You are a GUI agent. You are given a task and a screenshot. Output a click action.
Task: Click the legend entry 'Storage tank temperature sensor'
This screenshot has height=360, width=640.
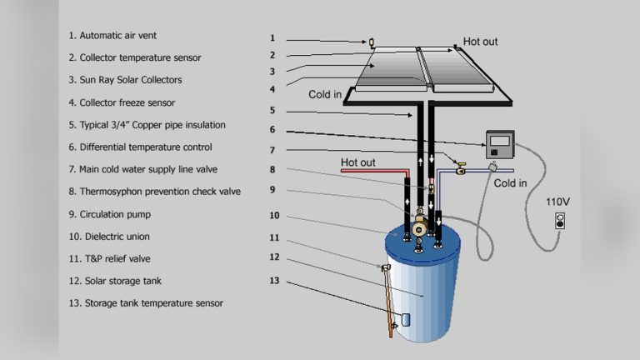click(146, 303)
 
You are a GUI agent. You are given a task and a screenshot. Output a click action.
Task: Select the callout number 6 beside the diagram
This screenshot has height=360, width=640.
click(272, 129)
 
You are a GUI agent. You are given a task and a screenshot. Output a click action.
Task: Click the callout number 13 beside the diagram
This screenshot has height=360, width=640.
click(274, 280)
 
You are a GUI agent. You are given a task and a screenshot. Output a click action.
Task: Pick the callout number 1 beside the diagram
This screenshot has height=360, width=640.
click(272, 38)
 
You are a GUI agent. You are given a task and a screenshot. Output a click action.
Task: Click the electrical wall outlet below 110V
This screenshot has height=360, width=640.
click(559, 222)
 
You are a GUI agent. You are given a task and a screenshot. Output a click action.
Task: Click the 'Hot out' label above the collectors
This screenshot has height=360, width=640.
click(482, 41)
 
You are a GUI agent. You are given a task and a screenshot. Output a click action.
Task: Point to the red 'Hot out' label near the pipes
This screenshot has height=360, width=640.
click(359, 162)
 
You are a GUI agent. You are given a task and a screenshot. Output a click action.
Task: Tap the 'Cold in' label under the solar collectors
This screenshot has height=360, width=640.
click(325, 94)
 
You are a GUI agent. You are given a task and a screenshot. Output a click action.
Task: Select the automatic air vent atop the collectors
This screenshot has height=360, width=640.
click(372, 42)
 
